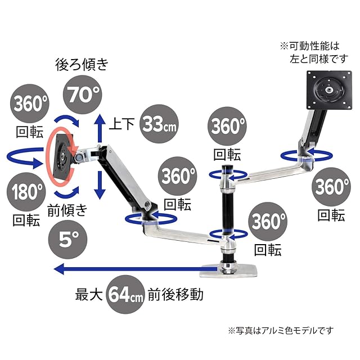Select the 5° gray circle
66,240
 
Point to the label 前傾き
67,211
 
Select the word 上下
121,123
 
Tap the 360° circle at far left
29,103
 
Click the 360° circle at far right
332,186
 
